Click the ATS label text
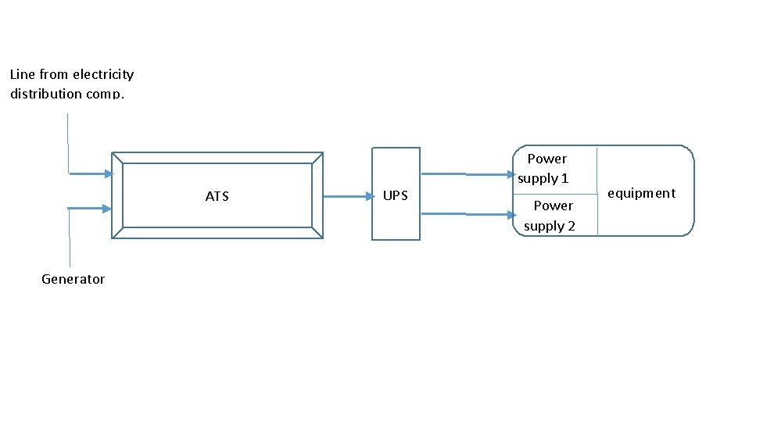217,196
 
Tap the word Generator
73,279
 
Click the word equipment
641,193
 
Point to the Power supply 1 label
545,169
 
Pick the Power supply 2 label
550,216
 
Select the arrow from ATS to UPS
348,197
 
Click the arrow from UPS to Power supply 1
468,174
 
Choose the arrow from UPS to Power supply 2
468,213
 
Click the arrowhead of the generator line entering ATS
107,208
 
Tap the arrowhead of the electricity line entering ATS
108,173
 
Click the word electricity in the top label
103,75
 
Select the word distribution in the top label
46,94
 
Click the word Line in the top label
23,75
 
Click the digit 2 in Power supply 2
572,226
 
